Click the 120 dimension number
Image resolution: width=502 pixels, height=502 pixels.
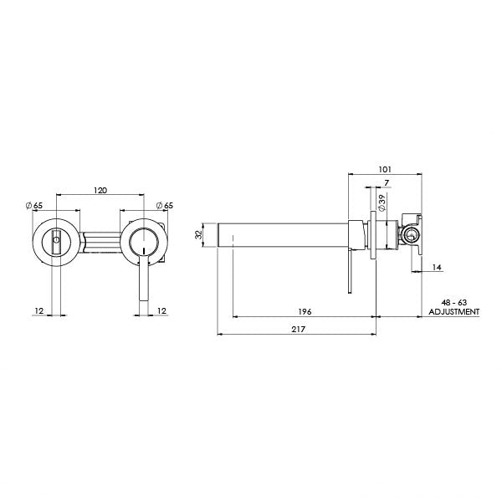(100, 191)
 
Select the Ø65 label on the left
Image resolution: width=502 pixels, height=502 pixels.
(35, 205)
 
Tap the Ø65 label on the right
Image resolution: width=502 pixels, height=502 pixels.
(165, 205)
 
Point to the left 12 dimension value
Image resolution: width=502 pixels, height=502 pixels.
(39, 310)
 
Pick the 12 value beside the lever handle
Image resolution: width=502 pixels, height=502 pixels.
(161, 310)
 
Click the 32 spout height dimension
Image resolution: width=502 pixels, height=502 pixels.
(198, 234)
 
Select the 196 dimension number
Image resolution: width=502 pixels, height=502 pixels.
(305, 311)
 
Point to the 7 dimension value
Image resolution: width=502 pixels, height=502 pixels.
(387, 182)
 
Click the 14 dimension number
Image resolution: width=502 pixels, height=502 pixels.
(438, 267)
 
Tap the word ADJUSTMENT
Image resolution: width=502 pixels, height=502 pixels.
(453, 311)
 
